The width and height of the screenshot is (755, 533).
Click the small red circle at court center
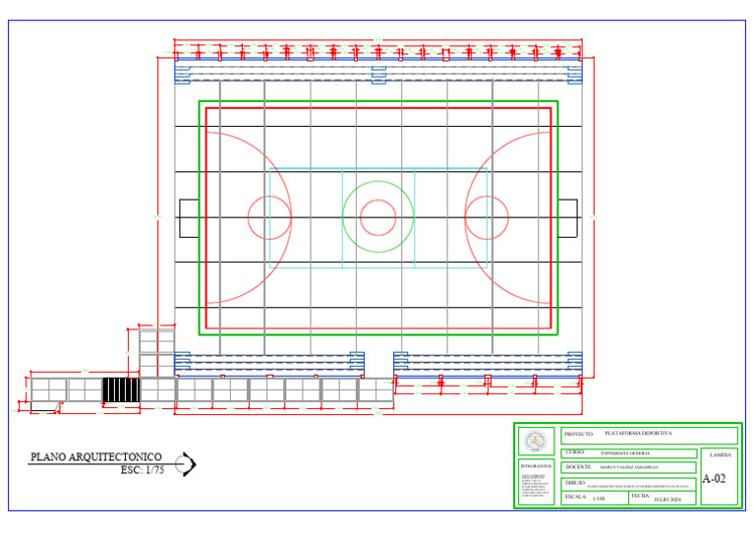coord(377,218)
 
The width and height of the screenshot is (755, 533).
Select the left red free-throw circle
coord(268,218)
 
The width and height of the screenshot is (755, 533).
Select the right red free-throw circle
coord(487,218)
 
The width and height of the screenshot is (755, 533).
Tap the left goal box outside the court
coord(188,218)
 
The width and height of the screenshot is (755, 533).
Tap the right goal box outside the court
coord(568,218)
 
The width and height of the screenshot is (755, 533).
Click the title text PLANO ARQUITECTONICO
coord(95,457)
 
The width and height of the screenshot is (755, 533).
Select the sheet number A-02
coord(715,480)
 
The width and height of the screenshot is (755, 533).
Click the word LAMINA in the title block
coord(720,456)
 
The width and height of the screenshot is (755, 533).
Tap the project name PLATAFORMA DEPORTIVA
coord(638,434)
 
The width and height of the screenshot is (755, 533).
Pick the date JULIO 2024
coord(668,501)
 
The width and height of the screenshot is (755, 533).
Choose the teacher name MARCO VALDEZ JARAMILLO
coord(629,467)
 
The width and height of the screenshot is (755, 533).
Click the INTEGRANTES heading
coord(536,467)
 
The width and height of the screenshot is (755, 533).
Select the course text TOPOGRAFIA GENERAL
coord(625,452)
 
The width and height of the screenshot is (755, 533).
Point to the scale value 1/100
coord(600,500)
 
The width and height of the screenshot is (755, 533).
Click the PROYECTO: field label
coord(579,434)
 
